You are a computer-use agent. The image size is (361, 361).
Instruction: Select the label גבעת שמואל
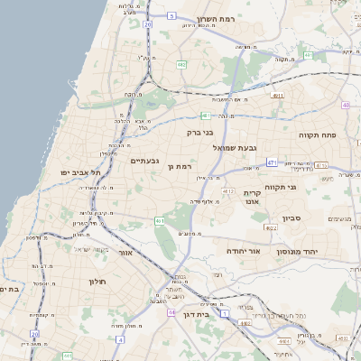tap(236, 147)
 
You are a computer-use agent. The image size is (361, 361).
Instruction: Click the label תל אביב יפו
tap(52, 171)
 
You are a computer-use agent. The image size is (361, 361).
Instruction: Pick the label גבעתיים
tap(144, 161)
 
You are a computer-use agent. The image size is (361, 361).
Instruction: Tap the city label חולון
tap(97, 282)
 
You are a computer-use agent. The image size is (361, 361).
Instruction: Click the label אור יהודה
tap(242, 251)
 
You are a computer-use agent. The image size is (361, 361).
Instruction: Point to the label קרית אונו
tap(252, 198)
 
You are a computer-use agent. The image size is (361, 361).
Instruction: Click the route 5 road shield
tap(171, 15)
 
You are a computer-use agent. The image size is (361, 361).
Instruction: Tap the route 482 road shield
tap(181, 64)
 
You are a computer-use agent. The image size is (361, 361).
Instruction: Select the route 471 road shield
tap(272, 162)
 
